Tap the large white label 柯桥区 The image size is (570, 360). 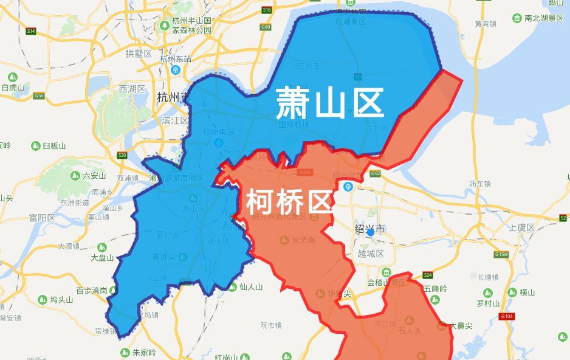point(290,201)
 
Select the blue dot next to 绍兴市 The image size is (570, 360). point(370,232)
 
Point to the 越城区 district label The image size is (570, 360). point(370,254)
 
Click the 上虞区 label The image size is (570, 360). point(521,227)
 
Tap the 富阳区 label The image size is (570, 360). point(42,218)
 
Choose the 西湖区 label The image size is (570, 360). point(132,89)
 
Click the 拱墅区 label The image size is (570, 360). point(139,54)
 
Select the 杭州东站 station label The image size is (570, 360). point(176,59)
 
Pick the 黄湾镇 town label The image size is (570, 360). point(486,24)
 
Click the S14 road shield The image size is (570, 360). point(31,30)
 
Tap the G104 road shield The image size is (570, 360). point(506,316)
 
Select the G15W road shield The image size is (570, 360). point(501,254)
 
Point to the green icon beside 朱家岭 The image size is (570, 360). point(125,352)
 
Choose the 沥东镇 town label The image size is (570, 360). point(480,183)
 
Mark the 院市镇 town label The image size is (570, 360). point(270,325)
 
